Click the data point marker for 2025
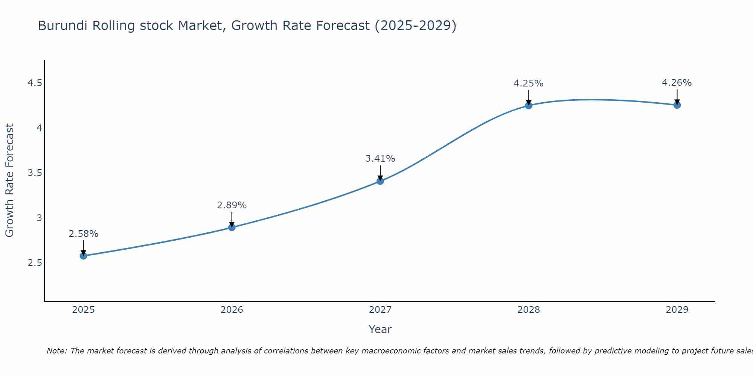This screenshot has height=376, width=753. (83, 256)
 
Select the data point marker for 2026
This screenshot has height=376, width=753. (232, 227)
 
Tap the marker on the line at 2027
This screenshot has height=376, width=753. (380, 181)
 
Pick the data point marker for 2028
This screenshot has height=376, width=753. (529, 106)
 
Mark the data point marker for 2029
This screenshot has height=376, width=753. (677, 105)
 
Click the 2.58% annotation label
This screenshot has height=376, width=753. (83, 234)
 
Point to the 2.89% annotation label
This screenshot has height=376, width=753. (232, 205)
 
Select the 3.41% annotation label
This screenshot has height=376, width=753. (380, 159)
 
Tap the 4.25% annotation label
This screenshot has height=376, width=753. (528, 83)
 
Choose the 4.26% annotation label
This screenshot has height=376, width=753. (677, 83)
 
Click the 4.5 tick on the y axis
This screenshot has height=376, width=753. (35, 83)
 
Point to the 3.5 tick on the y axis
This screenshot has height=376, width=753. (35, 173)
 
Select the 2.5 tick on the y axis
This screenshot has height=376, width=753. (35, 263)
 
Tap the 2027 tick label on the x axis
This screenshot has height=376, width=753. (380, 310)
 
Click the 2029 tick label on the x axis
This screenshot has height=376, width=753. (677, 310)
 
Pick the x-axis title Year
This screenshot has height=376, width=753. (380, 329)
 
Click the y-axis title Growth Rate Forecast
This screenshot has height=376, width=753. (9, 180)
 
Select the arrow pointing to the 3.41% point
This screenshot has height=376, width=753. (380, 173)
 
